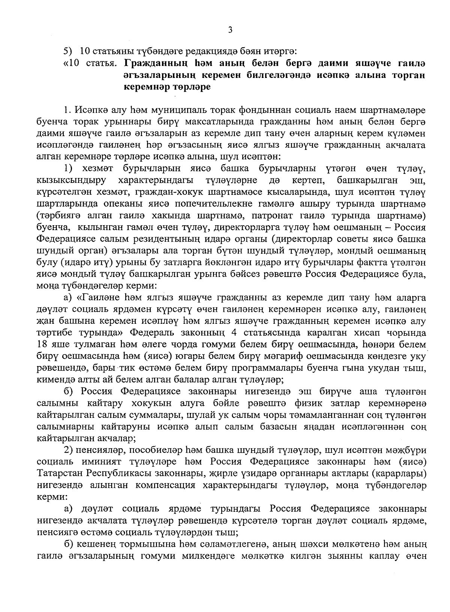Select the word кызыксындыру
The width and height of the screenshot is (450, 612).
point(71,181)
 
